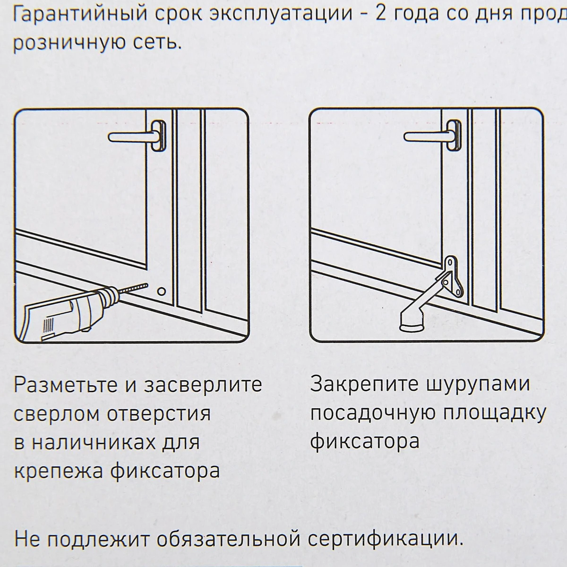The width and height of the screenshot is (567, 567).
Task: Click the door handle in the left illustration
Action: [137, 136]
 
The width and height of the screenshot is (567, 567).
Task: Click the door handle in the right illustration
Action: [432, 136]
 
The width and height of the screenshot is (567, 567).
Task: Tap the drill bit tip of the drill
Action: [146, 285]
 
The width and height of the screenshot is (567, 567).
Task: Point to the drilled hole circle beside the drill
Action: [161, 292]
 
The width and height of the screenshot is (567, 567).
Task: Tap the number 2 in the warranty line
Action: [380, 14]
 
